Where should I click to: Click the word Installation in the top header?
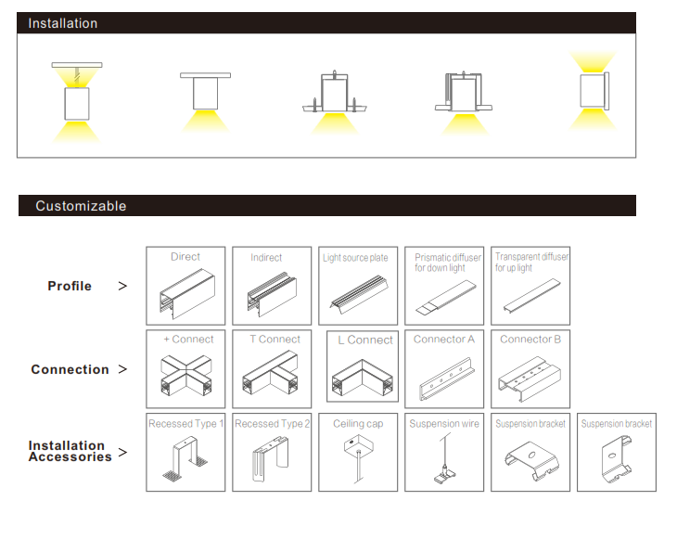click(x=62, y=23)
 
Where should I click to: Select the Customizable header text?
click(x=81, y=206)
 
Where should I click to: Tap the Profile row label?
click(x=70, y=286)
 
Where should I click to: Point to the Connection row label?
click(x=70, y=369)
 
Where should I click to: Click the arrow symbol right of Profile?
click(x=123, y=287)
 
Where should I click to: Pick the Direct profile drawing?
click(x=185, y=295)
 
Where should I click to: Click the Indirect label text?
click(x=266, y=258)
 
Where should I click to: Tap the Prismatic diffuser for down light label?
click(x=448, y=263)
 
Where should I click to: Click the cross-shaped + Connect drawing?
click(x=185, y=376)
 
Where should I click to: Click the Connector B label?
click(x=530, y=340)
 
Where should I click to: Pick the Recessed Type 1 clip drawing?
click(x=185, y=461)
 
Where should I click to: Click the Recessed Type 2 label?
click(x=272, y=424)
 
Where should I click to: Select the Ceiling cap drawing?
click(x=357, y=459)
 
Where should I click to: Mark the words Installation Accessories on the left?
click(x=70, y=451)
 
